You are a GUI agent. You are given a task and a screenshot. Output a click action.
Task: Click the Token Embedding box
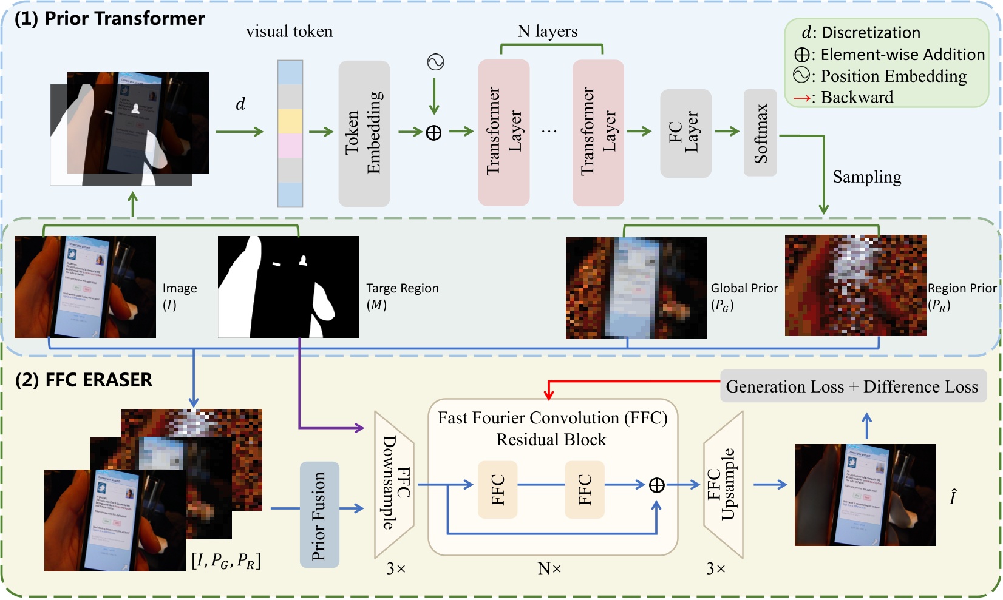[364, 133]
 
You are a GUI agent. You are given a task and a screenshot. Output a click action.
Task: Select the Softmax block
[760, 133]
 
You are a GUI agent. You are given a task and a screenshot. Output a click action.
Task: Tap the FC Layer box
[685, 133]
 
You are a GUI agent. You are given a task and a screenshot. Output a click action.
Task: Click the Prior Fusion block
[319, 515]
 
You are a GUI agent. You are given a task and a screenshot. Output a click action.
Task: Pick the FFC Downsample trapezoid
[395, 484]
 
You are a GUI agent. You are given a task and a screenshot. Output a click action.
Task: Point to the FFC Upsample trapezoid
[723, 485]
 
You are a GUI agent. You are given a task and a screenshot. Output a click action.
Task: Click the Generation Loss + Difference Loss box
[852, 386]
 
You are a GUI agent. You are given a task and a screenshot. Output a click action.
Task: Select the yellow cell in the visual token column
[290, 121]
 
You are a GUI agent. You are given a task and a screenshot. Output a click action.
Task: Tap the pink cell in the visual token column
[290, 146]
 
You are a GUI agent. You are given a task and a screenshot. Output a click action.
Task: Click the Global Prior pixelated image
[636, 288]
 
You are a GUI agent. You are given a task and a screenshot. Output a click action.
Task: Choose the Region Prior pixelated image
[855, 286]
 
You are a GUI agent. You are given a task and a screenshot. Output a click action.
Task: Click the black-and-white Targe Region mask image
[288, 287]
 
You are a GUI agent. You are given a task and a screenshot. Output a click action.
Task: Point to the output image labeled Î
[865, 495]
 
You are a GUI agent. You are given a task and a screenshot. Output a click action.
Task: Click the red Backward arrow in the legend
[801, 98]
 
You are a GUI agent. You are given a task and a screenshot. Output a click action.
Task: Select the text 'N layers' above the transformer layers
[547, 32]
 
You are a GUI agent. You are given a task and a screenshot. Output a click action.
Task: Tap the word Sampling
[866, 177]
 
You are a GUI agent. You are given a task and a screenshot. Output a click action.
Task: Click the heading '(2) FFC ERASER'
[84, 380]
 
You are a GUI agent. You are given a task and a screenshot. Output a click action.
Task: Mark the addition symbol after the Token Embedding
[433, 132]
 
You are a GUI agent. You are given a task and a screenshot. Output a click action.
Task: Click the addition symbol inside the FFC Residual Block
[656, 485]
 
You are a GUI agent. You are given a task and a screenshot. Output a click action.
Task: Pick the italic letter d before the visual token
[240, 104]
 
